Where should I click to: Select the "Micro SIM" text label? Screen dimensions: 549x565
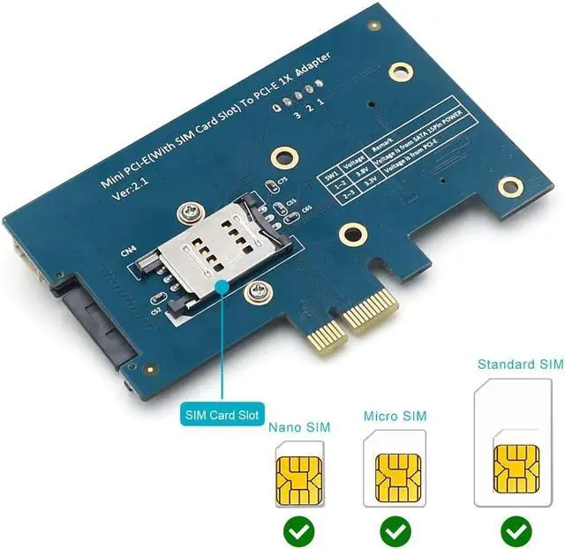(395, 415)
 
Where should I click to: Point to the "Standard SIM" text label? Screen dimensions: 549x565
(519, 364)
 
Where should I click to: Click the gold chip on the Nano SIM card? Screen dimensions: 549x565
(298, 477)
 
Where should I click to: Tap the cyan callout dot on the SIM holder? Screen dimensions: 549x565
(220, 284)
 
